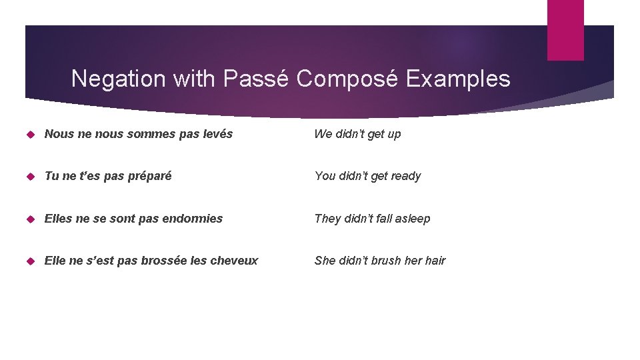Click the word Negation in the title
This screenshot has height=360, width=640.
(x=119, y=79)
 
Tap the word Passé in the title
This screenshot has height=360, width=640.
(x=256, y=79)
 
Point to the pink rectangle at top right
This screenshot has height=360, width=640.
(x=565, y=30)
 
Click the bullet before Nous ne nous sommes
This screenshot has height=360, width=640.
(x=30, y=134)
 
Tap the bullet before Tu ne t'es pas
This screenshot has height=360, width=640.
(x=30, y=177)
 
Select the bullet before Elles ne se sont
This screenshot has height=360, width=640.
(x=30, y=219)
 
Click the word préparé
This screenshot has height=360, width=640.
(x=149, y=176)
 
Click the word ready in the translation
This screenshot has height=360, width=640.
(x=405, y=177)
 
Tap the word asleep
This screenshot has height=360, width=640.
(x=413, y=219)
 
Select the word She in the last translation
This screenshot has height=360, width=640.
(x=325, y=261)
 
